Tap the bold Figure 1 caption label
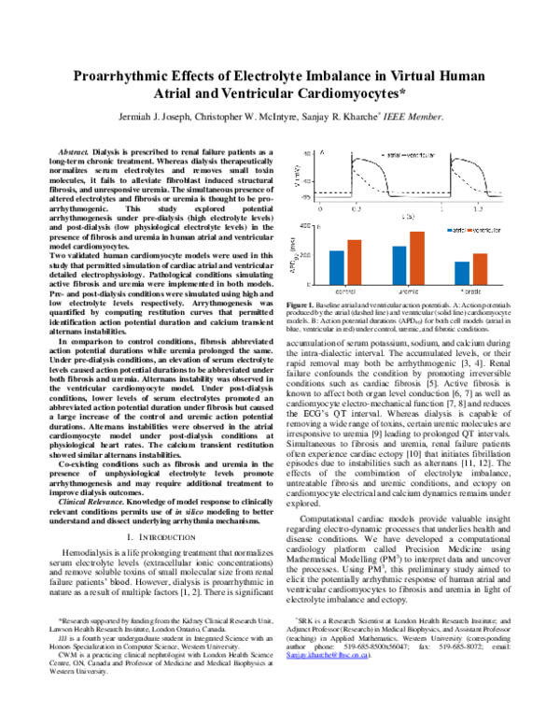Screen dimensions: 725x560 [x=300, y=306]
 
